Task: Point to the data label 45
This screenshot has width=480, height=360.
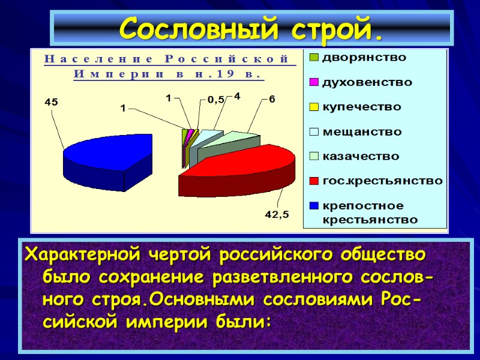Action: (x=51, y=103)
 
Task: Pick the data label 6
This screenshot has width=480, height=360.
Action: (x=271, y=99)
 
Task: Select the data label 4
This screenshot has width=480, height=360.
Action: (x=236, y=95)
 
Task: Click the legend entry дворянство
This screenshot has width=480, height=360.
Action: (x=364, y=58)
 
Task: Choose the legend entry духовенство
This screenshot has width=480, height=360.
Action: (x=367, y=82)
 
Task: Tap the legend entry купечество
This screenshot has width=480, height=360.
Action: (x=362, y=107)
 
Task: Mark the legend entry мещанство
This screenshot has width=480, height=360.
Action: (x=362, y=131)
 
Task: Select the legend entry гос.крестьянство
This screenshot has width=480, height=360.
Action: (x=382, y=181)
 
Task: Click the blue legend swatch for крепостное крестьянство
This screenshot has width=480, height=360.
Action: (x=314, y=206)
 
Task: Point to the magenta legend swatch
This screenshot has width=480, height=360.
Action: (x=314, y=82)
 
